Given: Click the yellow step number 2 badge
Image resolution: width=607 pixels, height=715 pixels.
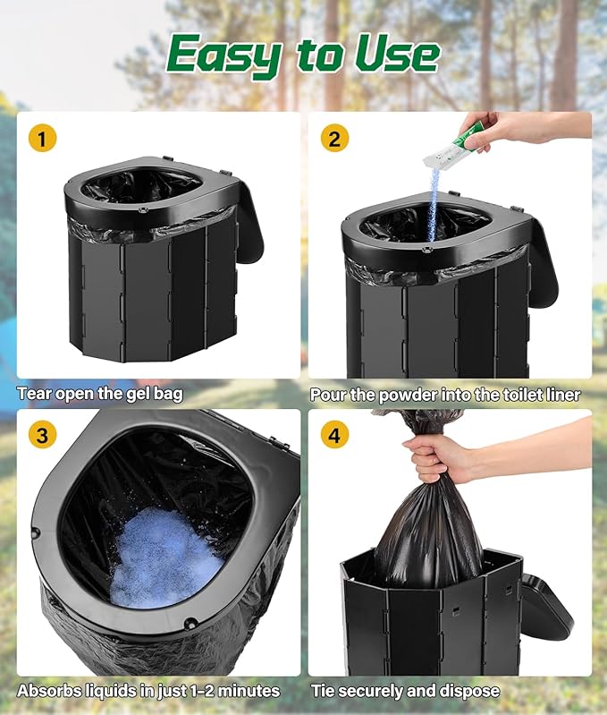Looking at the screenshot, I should [x=334, y=138].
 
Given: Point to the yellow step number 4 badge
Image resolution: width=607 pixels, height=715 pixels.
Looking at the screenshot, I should [x=334, y=436].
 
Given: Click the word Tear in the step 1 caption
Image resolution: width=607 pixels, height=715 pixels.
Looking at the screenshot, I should [x=35, y=394].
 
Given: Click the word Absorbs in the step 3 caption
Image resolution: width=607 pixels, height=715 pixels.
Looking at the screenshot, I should [x=47, y=691].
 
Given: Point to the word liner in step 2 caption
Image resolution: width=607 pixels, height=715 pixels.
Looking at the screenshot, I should [x=561, y=394].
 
